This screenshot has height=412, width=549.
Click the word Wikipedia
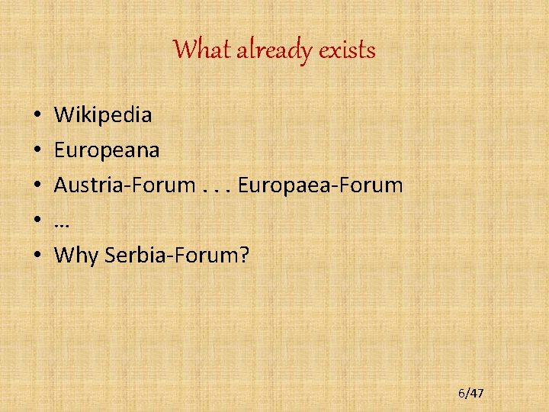click(x=103, y=115)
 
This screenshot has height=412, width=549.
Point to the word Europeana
click(x=107, y=150)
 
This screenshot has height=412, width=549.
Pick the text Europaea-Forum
click(x=320, y=185)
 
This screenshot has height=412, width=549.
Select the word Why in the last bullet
click(x=76, y=255)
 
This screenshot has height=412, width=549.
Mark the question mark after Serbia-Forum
click(x=244, y=254)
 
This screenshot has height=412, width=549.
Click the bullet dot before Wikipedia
click(x=37, y=116)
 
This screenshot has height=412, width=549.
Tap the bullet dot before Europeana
click(x=37, y=150)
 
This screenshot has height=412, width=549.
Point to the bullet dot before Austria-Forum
click(x=37, y=185)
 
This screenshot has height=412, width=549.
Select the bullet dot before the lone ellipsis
click(x=37, y=220)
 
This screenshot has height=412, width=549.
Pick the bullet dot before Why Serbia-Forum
click(x=37, y=255)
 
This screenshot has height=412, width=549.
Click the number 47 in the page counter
click(x=476, y=393)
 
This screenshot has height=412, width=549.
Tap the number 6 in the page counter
click(x=461, y=393)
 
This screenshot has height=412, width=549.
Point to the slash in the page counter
click(x=467, y=393)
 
